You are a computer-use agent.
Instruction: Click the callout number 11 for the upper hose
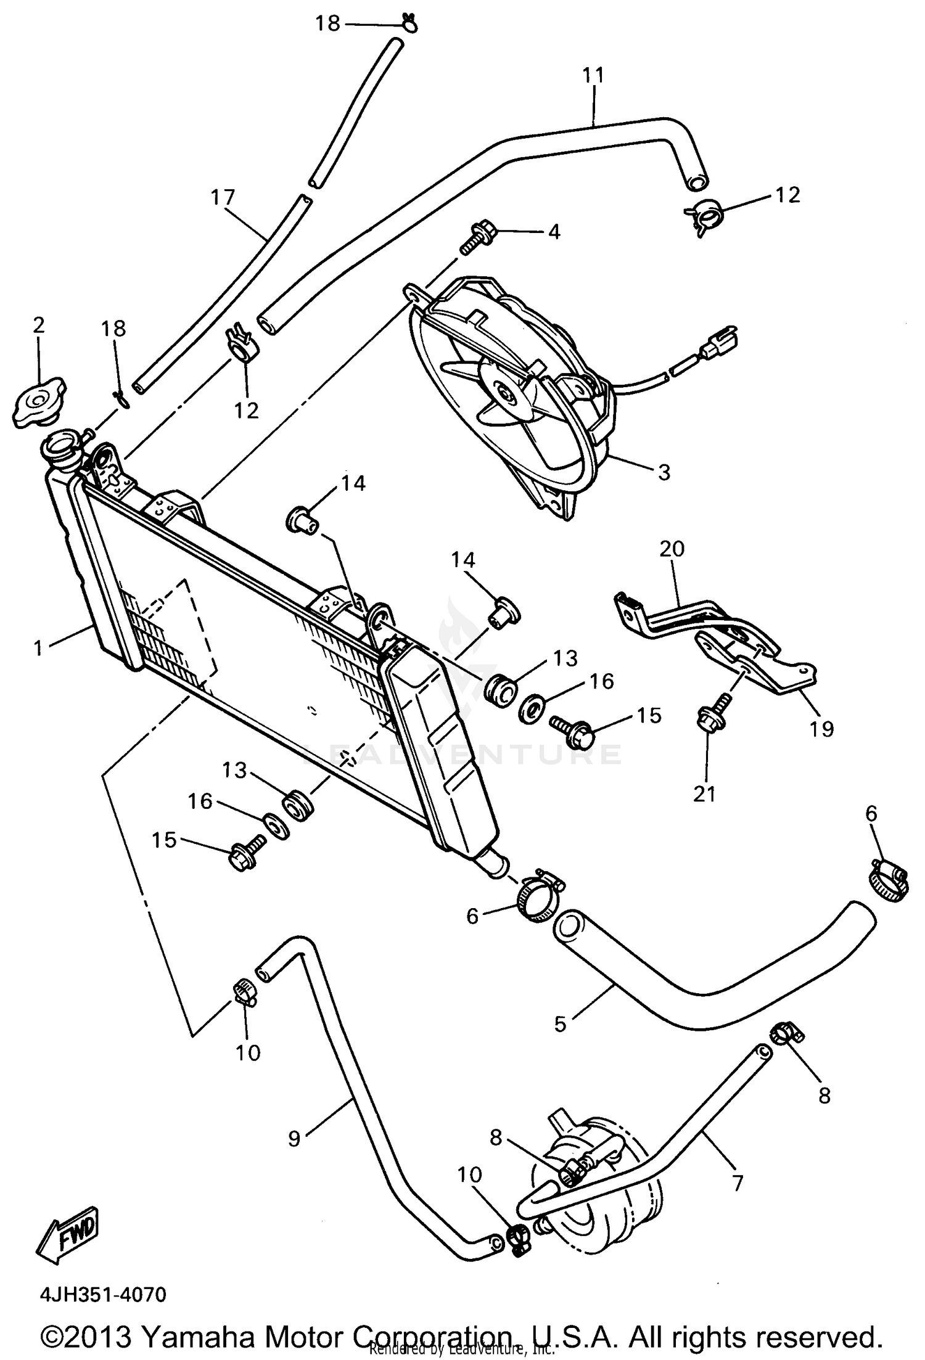[593, 76]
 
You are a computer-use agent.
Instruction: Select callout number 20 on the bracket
[672, 548]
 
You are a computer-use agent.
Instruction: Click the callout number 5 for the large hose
[560, 1024]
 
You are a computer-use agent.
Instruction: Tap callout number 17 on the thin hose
[223, 197]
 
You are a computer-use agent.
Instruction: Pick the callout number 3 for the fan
[664, 472]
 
